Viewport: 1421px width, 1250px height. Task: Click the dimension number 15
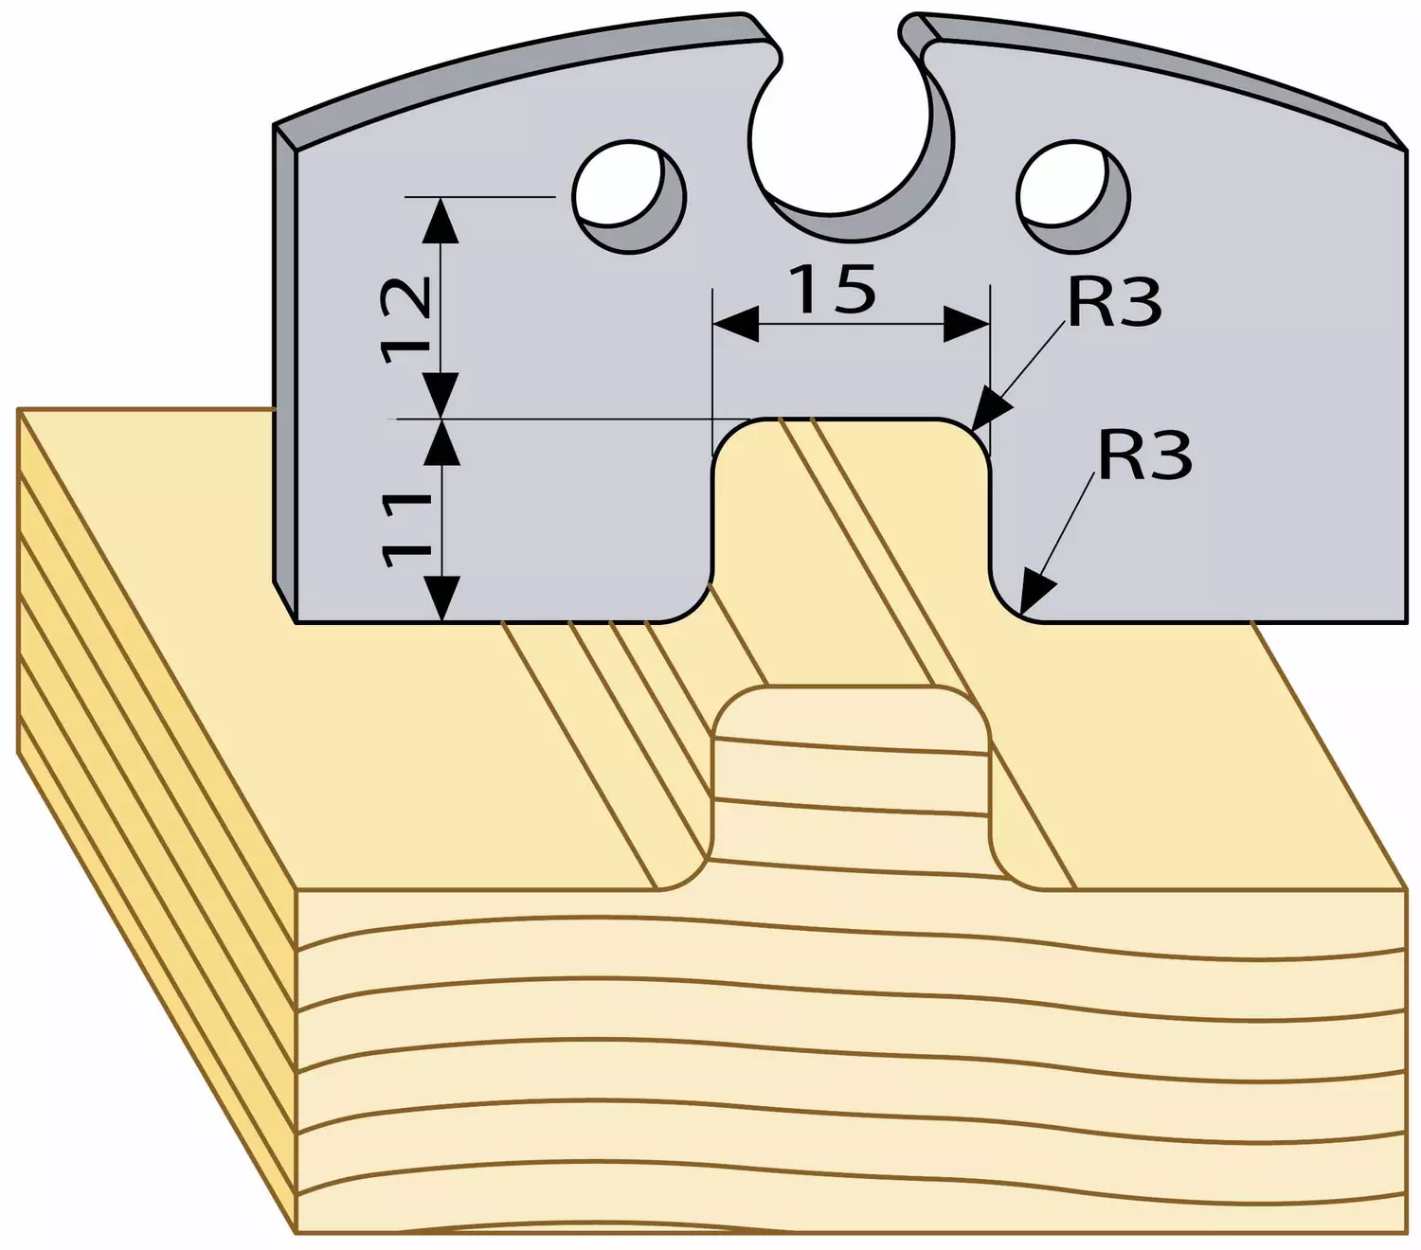click(x=833, y=289)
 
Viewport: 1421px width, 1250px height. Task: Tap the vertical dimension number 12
click(x=405, y=319)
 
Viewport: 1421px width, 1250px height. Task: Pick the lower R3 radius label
click(x=1144, y=455)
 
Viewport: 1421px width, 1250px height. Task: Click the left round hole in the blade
click(x=628, y=196)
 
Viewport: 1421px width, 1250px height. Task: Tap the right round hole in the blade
click(x=1073, y=196)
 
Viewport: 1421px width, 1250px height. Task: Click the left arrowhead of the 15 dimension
click(x=735, y=324)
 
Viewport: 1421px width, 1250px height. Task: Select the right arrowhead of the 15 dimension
click(x=966, y=324)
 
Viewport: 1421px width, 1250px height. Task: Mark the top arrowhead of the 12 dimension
click(x=441, y=220)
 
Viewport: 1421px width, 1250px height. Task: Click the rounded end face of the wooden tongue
click(x=850, y=781)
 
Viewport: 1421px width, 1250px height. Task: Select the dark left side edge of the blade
click(x=285, y=371)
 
